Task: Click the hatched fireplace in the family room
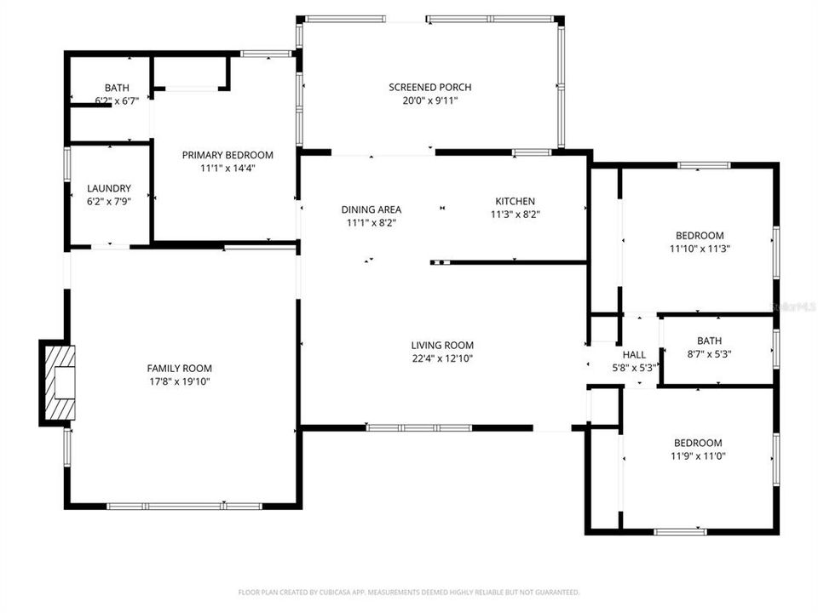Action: pos(57,382)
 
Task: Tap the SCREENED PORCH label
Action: pos(429,87)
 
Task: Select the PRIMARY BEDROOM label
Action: pos(228,155)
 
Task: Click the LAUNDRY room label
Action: pos(109,188)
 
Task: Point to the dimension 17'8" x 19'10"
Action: pos(179,382)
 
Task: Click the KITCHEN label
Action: pos(515,201)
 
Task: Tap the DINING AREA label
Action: pos(371,209)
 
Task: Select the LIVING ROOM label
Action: pos(442,345)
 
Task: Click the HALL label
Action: pos(634,354)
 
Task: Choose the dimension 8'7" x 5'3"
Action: pos(709,354)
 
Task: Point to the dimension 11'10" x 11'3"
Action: pos(700,249)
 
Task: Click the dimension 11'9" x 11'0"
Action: pos(698,456)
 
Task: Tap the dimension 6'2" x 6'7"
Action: pos(117,100)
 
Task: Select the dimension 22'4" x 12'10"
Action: pos(442,358)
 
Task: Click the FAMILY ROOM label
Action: pos(179,368)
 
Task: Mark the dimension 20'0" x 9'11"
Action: pos(429,100)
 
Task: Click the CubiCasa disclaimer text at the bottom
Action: pos(409,592)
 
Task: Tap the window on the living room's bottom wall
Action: pos(418,427)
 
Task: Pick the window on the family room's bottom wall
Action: pos(184,507)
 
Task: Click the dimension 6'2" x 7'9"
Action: pos(109,202)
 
